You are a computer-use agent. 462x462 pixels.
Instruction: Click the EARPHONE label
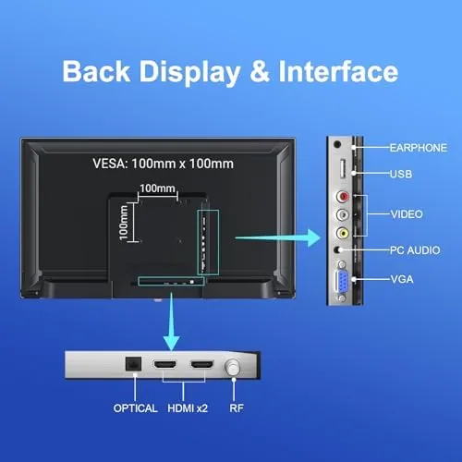click(419, 148)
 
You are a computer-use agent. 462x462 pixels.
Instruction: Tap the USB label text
click(401, 174)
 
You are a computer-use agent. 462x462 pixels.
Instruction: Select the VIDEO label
click(407, 214)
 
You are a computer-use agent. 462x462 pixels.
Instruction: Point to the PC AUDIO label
click(415, 250)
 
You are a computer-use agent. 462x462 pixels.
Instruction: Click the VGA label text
click(402, 279)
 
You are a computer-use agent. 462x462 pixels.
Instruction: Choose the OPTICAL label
click(135, 408)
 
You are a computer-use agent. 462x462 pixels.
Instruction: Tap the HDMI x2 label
click(188, 408)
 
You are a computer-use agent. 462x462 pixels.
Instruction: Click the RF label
click(237, 408)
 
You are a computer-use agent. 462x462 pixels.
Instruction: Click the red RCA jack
click(343, 196)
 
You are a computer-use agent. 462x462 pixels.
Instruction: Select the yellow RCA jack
click(343, 233)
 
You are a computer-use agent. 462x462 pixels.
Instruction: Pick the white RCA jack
click(343, 214)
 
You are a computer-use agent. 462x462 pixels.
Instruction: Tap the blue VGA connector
click(342, 281)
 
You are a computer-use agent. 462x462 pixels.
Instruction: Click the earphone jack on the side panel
click(337, 144)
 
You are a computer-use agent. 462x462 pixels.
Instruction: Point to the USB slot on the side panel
click(342, 168)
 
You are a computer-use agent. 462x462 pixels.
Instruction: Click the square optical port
click(133, 364)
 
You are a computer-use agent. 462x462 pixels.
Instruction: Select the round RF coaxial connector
click(233, 368)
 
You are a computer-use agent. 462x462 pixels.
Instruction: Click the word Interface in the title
click(338, 72)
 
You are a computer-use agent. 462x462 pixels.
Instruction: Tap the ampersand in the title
click(260, 72)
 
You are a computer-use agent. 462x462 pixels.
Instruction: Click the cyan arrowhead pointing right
click(314, 237)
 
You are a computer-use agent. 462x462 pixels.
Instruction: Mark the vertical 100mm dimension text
click(123, 223)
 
